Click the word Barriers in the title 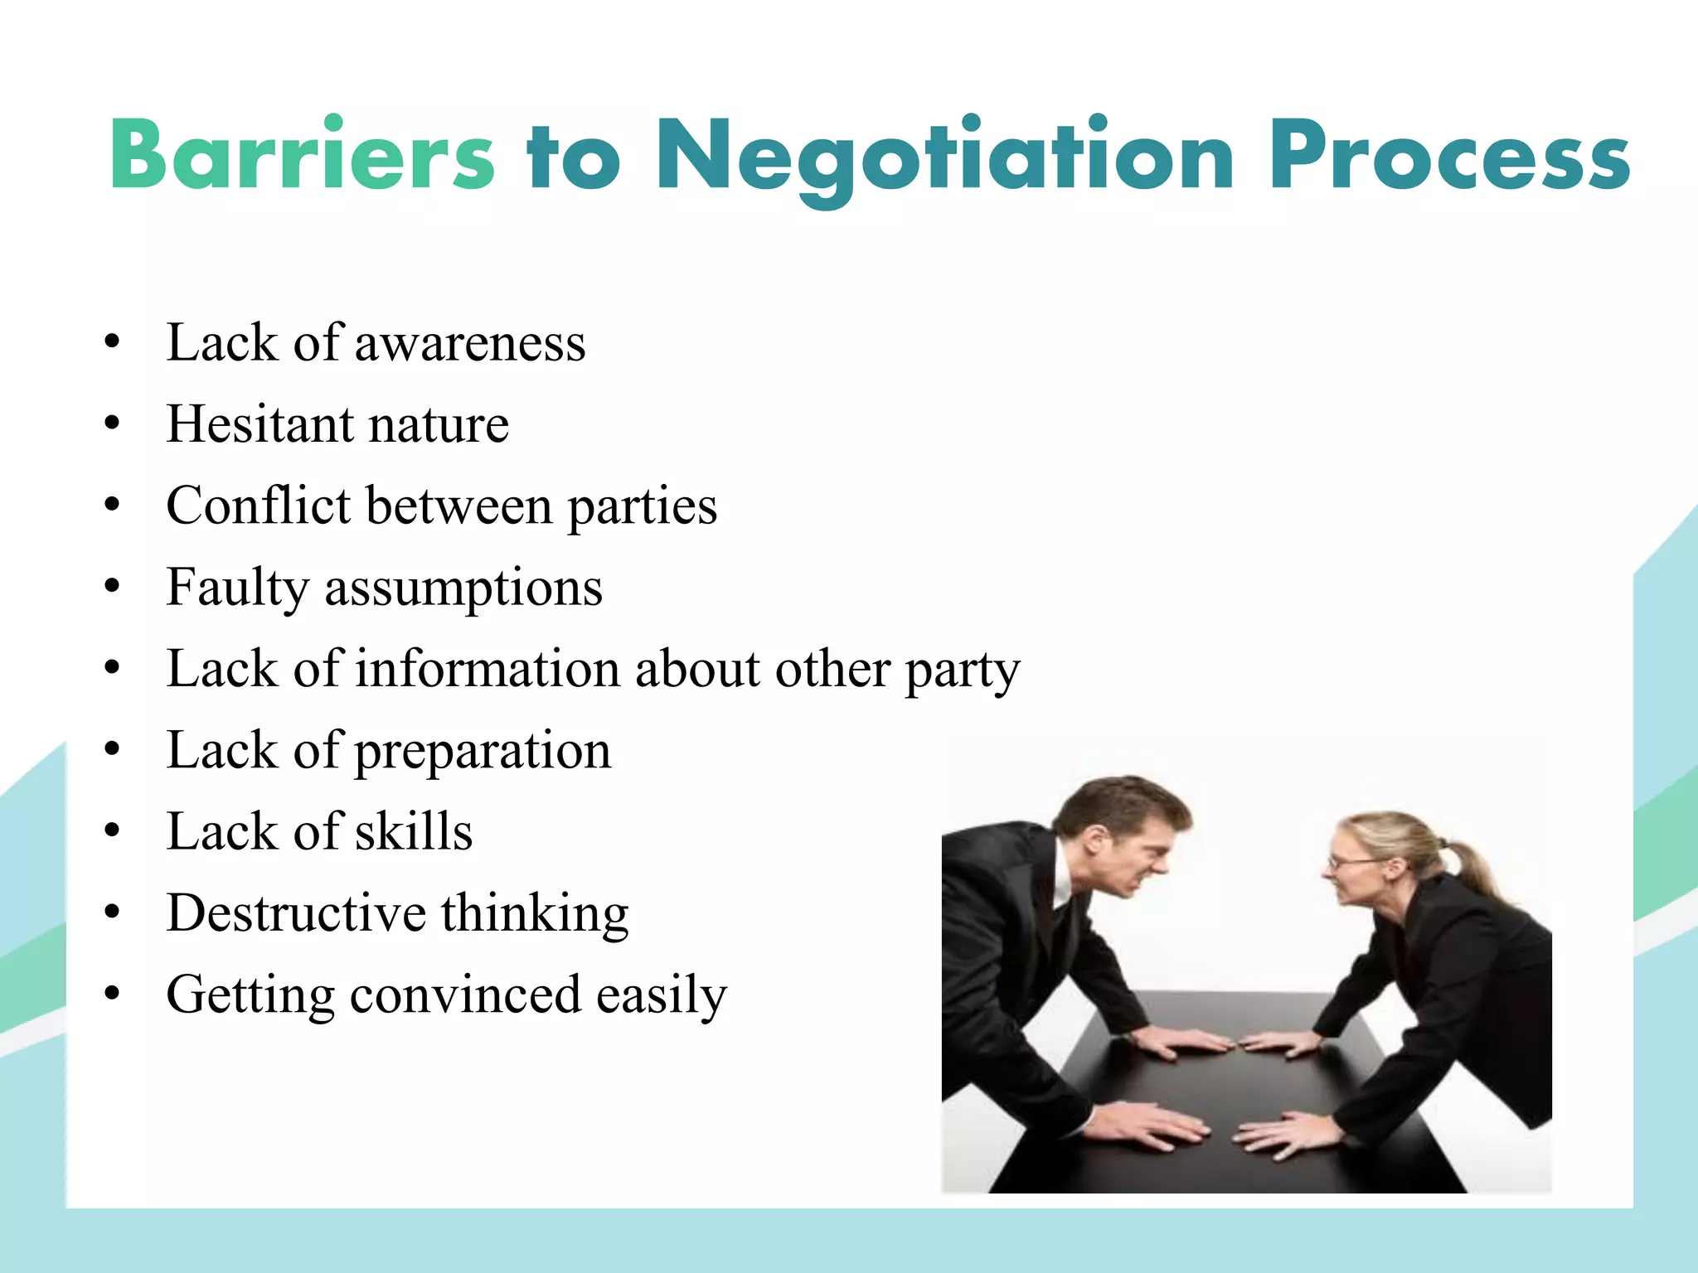pyautogui.click(x=303, y=155)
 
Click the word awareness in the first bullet pyautogui.click(x=470, y=343)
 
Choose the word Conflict pyautogui.click(x=259, y=506)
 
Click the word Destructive pyautogui.click(x=296, y=913)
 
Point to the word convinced pyautogui.click(x=465, y=995)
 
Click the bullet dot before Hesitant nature pyautogui.click(x=113, y=424)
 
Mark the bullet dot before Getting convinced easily pyautogui.click(x=113, y=993)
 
